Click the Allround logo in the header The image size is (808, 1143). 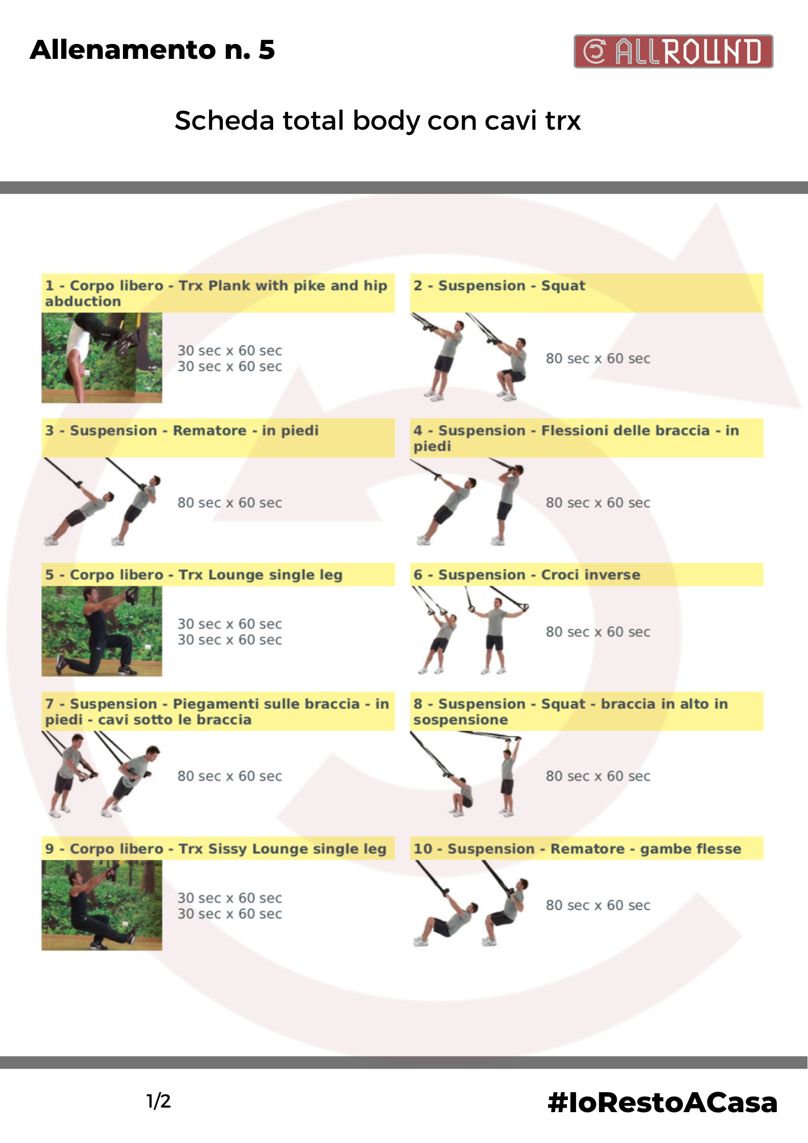673,51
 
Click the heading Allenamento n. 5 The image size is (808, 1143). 153,50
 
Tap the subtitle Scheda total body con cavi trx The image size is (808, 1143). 378,121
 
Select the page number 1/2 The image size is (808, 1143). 158,1101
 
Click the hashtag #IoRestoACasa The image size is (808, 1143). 662,1102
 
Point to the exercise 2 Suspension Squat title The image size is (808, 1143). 499,286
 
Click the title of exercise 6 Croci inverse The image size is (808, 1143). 527,575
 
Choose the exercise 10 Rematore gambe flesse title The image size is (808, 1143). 577,849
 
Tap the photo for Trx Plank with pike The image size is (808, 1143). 102,358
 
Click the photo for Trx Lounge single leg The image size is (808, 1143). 102,631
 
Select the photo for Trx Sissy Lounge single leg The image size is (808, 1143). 102,905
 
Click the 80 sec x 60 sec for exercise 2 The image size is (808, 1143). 598,359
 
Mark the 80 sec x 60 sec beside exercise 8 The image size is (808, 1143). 598,776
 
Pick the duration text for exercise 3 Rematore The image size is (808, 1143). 230,503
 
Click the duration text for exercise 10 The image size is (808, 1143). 598,905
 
